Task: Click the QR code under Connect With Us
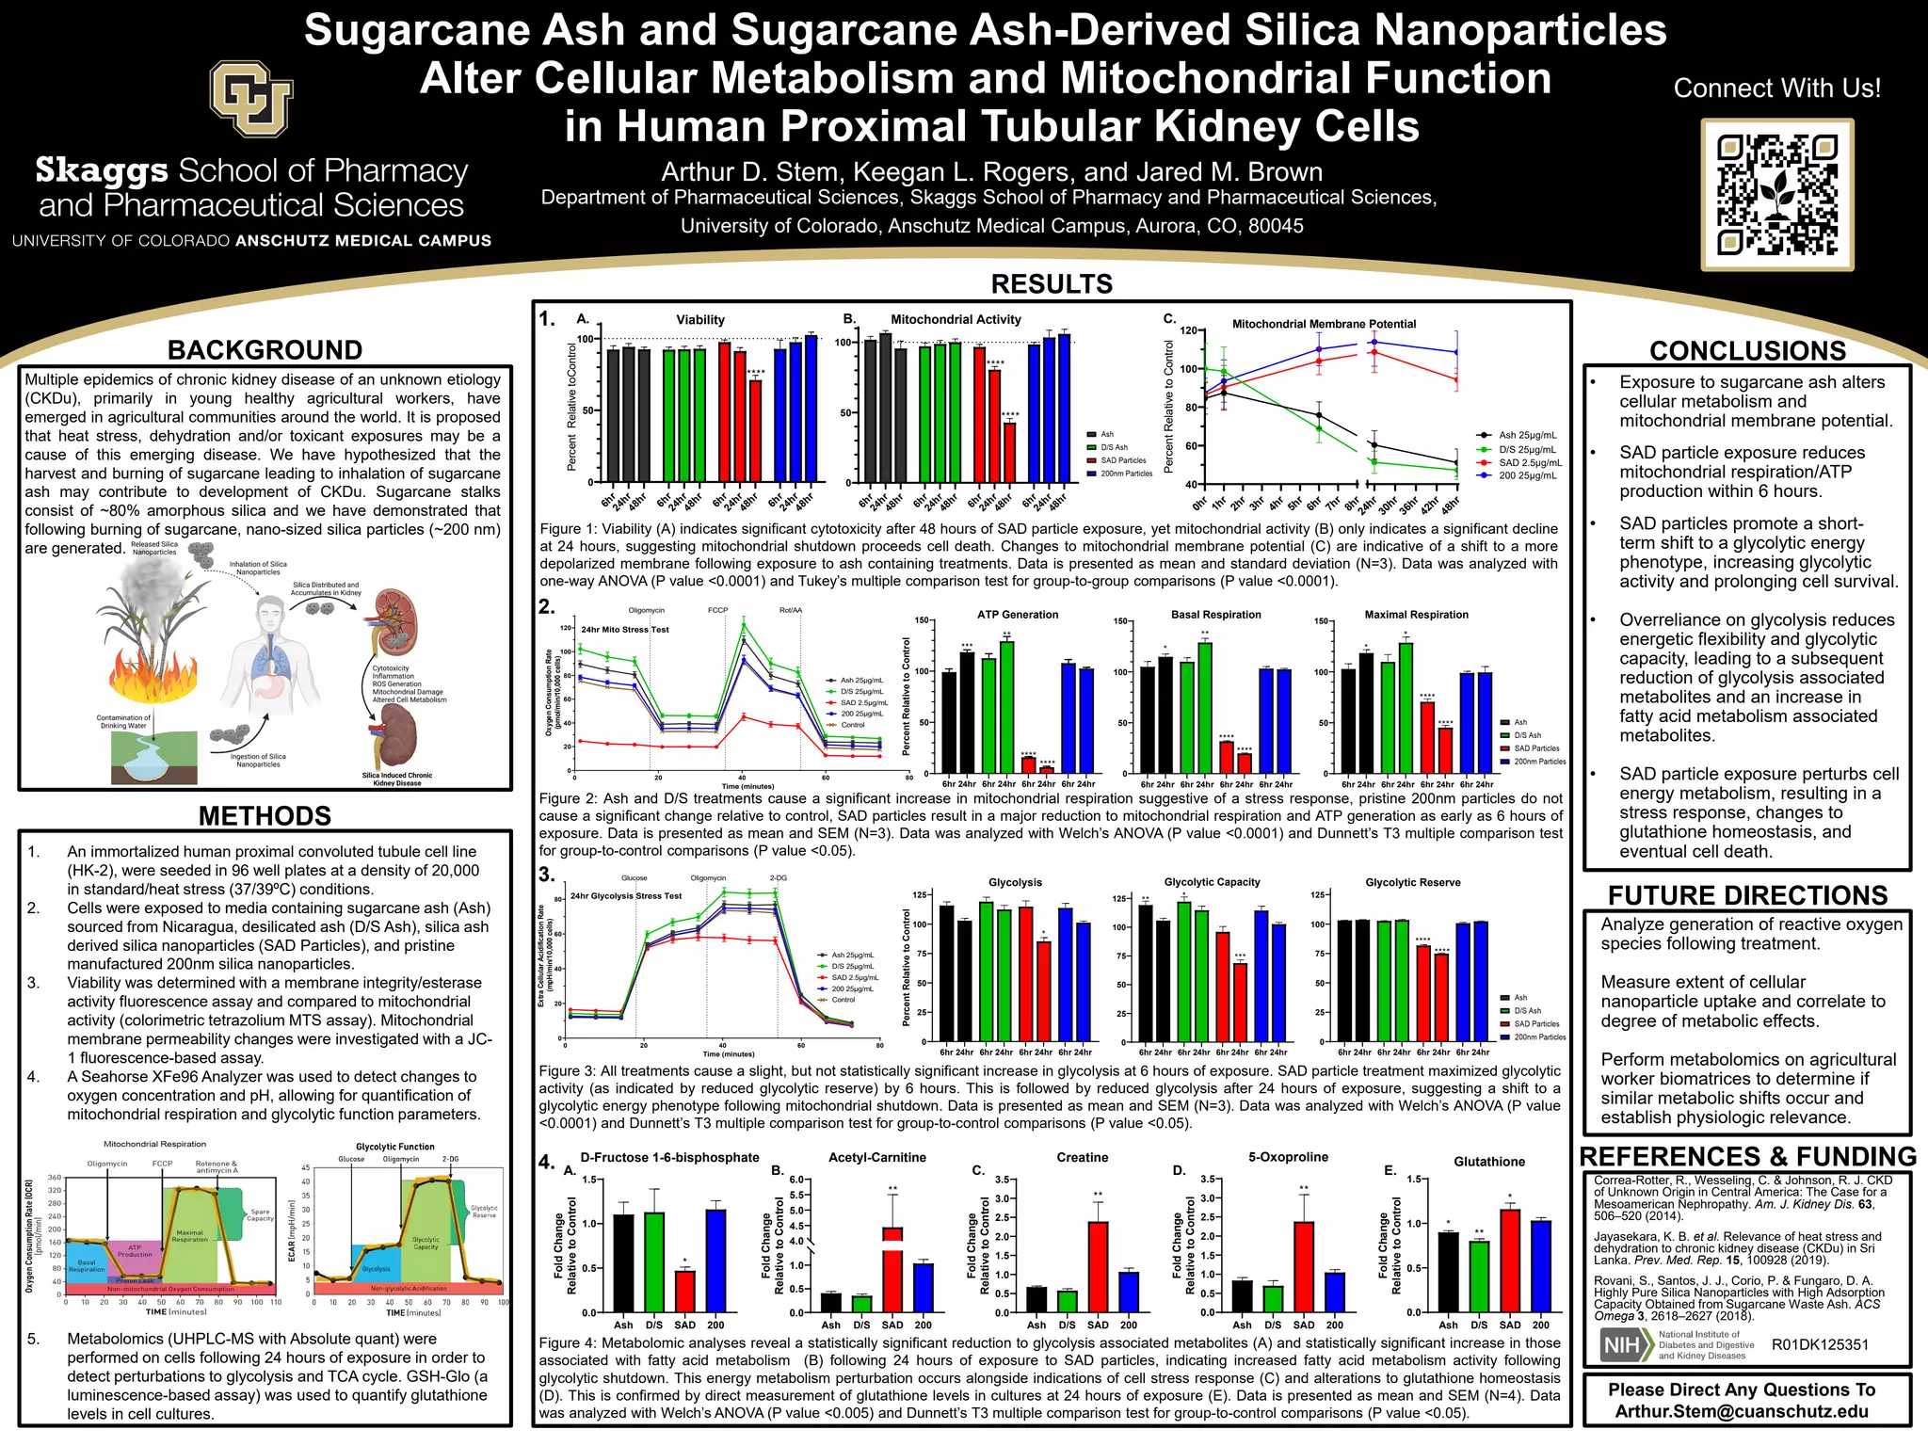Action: coord(1776,195)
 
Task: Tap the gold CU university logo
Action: coord(251,98)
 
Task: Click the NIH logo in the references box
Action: coord(1626,1345)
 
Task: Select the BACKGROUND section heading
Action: coord(265,350)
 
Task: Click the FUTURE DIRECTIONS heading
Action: coord(1747,895)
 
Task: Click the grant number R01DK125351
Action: coord(1819,1344)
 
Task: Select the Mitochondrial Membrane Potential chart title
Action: coord(1324,324)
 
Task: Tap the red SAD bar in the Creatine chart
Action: coord(1098,1266)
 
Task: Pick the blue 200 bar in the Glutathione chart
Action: coord(1540,1265)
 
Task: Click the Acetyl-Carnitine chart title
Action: coord(876,1157)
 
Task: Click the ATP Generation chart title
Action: coord(1017,615)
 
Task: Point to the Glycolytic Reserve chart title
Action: coord(1412,882)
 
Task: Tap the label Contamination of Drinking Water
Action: coord(123,721)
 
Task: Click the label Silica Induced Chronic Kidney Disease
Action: coord(396,779)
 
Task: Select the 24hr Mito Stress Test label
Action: coord(624,629)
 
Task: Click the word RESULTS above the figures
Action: coord(1052,283)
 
